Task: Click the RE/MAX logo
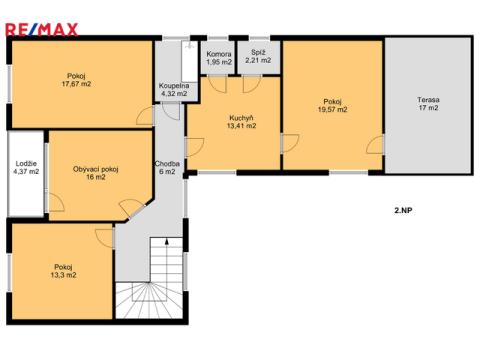pos(42,29)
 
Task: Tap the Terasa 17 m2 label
pos(428,104)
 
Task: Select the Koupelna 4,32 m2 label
pos(174,90)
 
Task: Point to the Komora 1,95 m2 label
pos(219,58)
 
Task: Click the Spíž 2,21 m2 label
pos(258,56)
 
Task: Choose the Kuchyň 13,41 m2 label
pos(241,122)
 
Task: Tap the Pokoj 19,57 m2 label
pos(332,105)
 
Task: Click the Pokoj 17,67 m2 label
pos(76,80)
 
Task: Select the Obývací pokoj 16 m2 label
pos(96,173)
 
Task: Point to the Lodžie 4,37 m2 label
pos(26,168)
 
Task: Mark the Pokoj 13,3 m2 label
pos(63,271)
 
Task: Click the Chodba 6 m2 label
pos(167,168)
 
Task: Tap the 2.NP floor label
pos(403,210)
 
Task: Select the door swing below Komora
pos(217,84)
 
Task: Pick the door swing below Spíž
pos(252,84)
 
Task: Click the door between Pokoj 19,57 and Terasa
pos(375,145)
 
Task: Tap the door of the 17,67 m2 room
pos(145,116)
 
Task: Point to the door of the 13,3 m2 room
pos(105,238)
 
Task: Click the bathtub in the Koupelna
pos(190,59)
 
